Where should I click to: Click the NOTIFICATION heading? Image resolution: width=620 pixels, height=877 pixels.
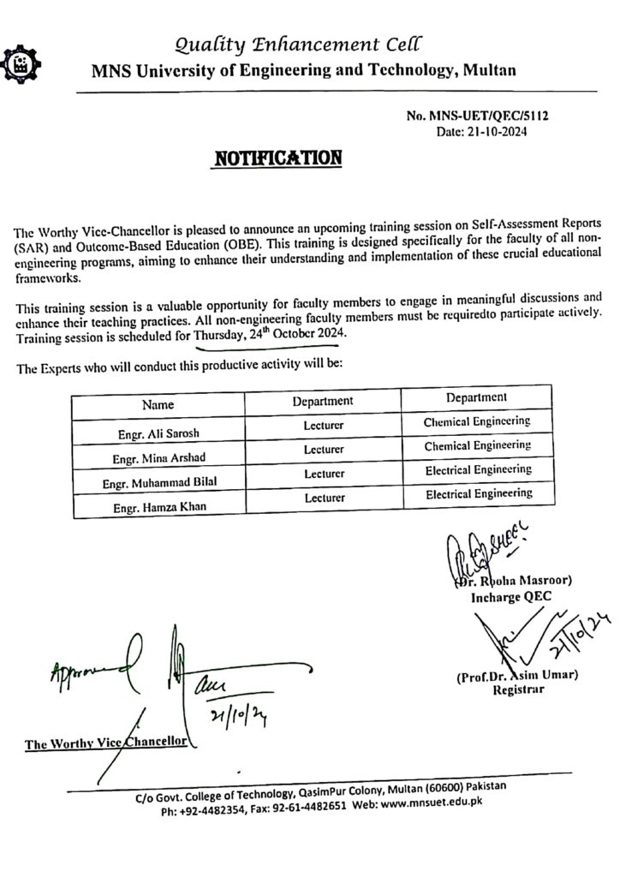tap(277, 158)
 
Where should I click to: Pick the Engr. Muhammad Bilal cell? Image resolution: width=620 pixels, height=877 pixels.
tap(159, 483)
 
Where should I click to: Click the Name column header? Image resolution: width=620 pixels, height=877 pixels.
tap(158, 404)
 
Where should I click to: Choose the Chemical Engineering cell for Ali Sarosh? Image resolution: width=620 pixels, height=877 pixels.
tap(476, 422)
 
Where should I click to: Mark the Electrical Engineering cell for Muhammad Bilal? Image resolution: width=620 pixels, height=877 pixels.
tap(479, 470)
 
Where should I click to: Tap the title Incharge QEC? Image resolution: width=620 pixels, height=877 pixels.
tap(511, 597)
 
